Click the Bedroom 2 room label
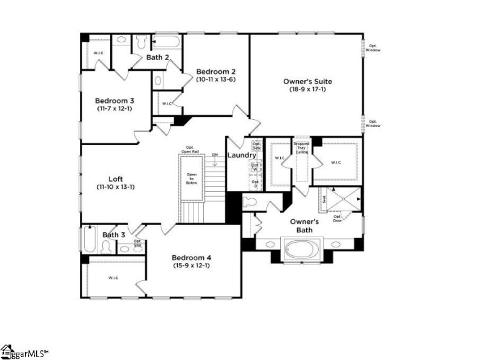212,71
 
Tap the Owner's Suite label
307,81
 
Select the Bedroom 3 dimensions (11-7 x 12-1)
114,109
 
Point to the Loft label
116,178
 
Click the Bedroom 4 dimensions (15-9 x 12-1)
191,265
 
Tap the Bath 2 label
157,57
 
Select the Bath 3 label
113,235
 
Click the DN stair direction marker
215,155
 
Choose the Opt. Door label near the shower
338,218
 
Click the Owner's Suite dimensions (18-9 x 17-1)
307,90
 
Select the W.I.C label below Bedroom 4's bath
113,278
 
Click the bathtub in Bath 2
166,42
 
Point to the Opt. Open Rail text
190,150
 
